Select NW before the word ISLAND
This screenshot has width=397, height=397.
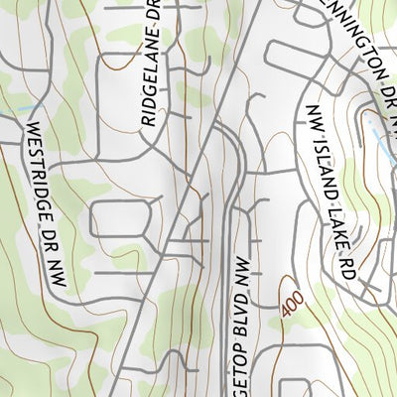click(x=316, y=118)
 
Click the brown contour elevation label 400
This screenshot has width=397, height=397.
click(x=288, y=306)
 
